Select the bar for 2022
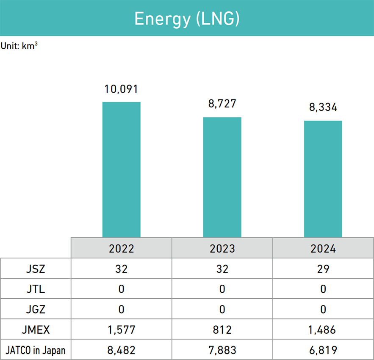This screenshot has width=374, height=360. tap(122, 169)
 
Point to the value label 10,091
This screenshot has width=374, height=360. tap(122, 89)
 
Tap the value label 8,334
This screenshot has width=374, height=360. tap(323, 108)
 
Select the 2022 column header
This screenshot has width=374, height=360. tap(122, 248)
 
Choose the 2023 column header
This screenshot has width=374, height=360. tap(222, 248)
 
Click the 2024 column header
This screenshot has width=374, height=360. tap(323, 248)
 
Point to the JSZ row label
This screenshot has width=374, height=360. tap(36, 269)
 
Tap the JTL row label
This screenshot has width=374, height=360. tap(36, 289)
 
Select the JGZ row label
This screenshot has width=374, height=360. tap(36, 309)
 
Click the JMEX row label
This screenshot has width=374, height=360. tap(36, 330)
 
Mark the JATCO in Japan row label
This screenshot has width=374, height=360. tap(36, 350)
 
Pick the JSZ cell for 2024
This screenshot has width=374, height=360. tap(323, 269)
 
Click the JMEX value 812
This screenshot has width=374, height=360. tap(222, 330)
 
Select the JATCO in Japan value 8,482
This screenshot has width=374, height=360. tap(122, 350)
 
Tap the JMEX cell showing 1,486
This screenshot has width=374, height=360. tap(323, 330)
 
